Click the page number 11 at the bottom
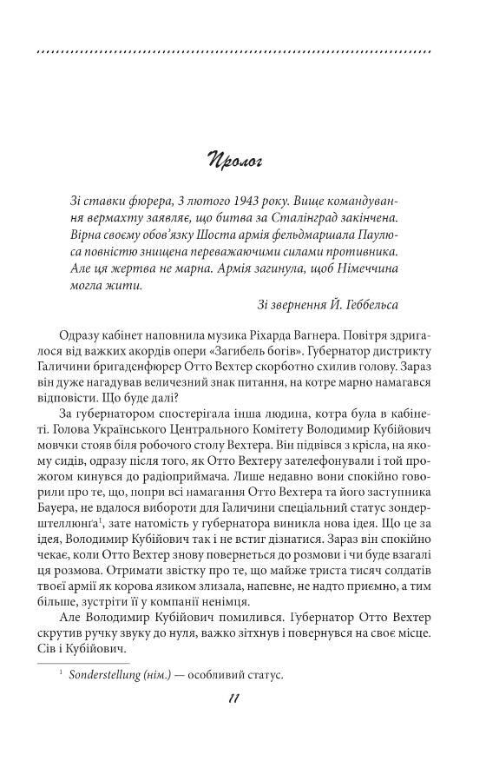click(x=233, y=699)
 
